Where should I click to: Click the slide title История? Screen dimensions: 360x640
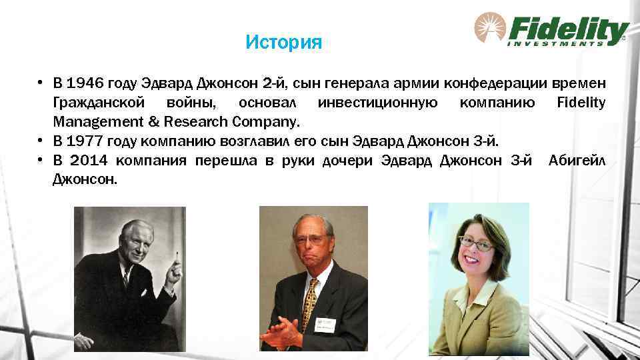point(283,43)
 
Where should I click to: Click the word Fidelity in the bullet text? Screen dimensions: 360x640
point(581,103)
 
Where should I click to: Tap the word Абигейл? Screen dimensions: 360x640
point(577,161)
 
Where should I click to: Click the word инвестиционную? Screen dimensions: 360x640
point(378,103)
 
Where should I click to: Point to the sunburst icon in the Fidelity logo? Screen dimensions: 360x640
point(489,29)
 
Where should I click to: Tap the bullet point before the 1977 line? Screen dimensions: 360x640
point(41,141)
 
